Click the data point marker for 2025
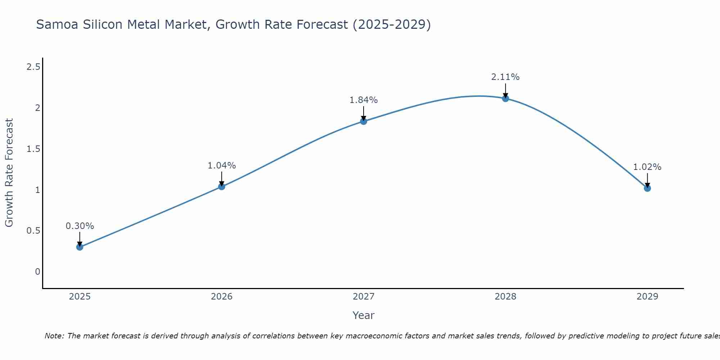coord(80,247)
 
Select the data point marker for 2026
coord(221,186)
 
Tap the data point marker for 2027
coord(363,121)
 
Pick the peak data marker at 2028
coord(505,99)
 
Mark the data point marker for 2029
coord(647,188)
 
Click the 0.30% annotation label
coord(80,226)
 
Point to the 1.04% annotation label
coord(221,166)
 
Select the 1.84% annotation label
coord(363,100)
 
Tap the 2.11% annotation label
coord(505,77)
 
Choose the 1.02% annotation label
coord(647,167)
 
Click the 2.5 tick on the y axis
coord(33,67)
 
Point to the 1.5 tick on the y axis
coord(33,149)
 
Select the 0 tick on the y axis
coord(37,272)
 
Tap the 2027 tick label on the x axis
coord(363,297)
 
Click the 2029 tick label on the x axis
coord(647,297)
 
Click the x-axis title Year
coord(363,315)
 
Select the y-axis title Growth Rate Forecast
coord(9,173)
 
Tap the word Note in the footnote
coord(54,336)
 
